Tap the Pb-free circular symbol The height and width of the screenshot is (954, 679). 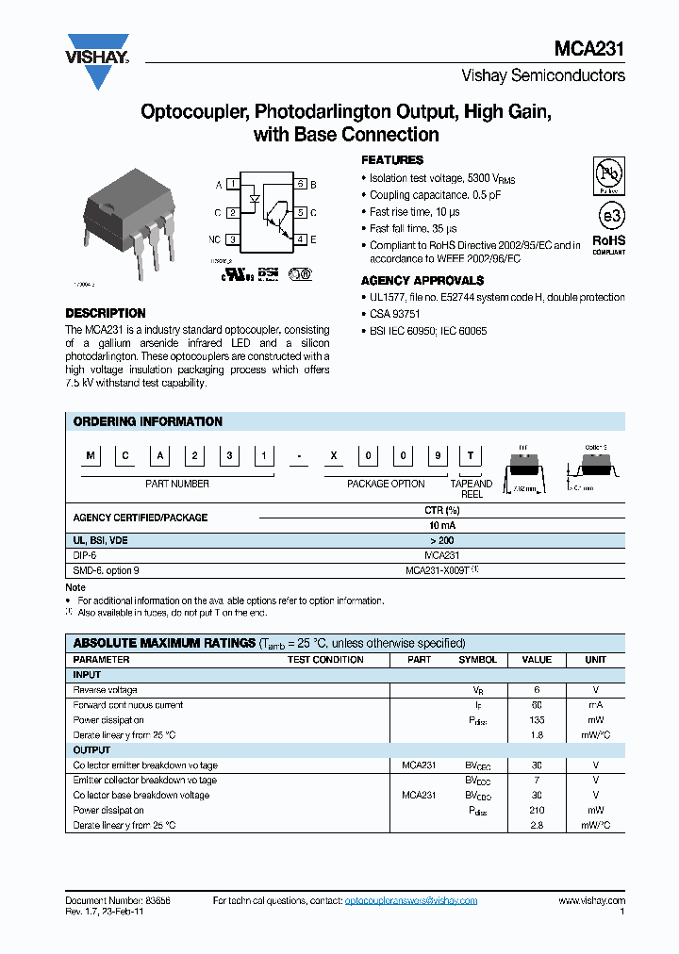[x=608, y=175]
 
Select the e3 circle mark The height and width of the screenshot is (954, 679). [x=608, y=216]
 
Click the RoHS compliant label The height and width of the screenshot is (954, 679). [x=608, y=244]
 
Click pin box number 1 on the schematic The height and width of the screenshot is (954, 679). [x=231, y=185]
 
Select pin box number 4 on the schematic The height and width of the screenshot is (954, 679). [x=300, y=240]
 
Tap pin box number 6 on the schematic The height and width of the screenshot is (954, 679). [x=300, y=185]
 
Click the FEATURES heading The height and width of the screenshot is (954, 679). [x=392, y=160]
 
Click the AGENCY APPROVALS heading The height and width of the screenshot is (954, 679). [x=422, y=281]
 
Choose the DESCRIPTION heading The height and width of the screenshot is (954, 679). [x=106, y=313]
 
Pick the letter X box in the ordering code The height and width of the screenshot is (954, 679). [x=331, y=457]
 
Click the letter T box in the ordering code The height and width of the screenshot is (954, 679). [x=469, y=457]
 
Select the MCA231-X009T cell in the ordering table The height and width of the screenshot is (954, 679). [x=441, y=570]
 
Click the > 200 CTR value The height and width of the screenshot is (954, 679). [x=441, y=540]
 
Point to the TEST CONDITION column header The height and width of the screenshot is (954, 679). [x=325, y=660]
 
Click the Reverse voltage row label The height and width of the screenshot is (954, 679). [x=105, y=690]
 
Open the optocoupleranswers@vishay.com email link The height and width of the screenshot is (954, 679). [x=411, y=901]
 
